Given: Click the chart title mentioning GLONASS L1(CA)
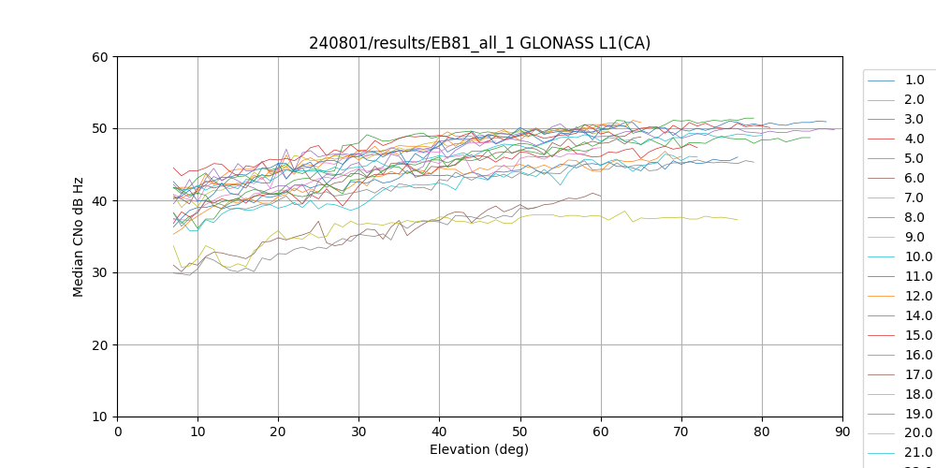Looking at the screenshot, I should (x=479, y=43).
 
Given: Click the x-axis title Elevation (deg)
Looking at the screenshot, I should (x=479, y=449).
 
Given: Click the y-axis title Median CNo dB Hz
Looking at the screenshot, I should (x=79, y=237).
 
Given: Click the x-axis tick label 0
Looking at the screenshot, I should (x=117, y=431).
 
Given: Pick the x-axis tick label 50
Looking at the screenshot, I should (x=519, y=431).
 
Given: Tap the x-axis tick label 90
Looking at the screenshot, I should (x=841, y=431).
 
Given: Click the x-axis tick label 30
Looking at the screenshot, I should (x=358, y=431).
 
